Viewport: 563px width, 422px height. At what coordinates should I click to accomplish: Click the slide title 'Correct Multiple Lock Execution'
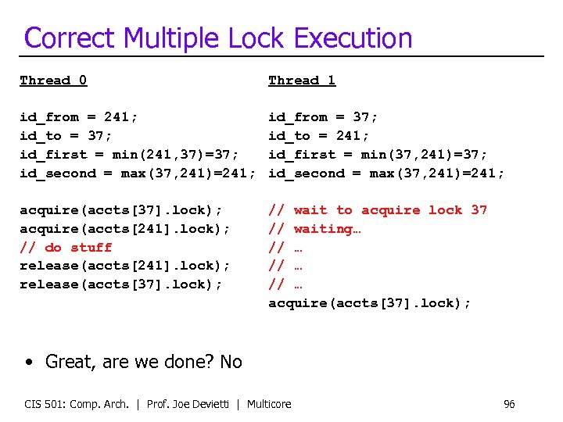(x=218, y=38)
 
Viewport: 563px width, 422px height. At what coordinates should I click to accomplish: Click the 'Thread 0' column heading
(x=53, y=80)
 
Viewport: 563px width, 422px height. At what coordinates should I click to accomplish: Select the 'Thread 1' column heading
(x=302, y=80)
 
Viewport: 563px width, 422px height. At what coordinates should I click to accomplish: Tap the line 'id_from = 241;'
(x=79, y=117)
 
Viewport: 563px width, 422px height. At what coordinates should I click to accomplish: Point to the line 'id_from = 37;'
(x=323, y=117)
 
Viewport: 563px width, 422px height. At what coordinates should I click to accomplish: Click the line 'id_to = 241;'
(x=319, y=136)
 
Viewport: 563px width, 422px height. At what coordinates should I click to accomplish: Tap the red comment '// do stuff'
(x=66, y=248)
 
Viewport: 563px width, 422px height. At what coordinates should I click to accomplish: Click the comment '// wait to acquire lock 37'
(x=378, y=210)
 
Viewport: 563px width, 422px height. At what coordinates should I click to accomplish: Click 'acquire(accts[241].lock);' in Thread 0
(x=125, y=229)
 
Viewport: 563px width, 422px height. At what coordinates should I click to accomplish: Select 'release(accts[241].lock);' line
(x=125, y=266)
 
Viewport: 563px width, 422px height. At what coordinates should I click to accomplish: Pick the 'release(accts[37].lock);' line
(x=121, y=284)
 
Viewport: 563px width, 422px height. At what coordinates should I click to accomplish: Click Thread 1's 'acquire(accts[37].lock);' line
(x=369, y=303)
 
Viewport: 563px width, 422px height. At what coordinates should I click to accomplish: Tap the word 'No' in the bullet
(x=231, y=362)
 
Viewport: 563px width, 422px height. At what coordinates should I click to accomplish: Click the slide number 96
(x=509, y=404)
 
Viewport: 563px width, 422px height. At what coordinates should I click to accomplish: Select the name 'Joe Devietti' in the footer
(x=210, y=404)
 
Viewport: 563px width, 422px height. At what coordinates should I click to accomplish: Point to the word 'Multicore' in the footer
(x=269, y=404)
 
